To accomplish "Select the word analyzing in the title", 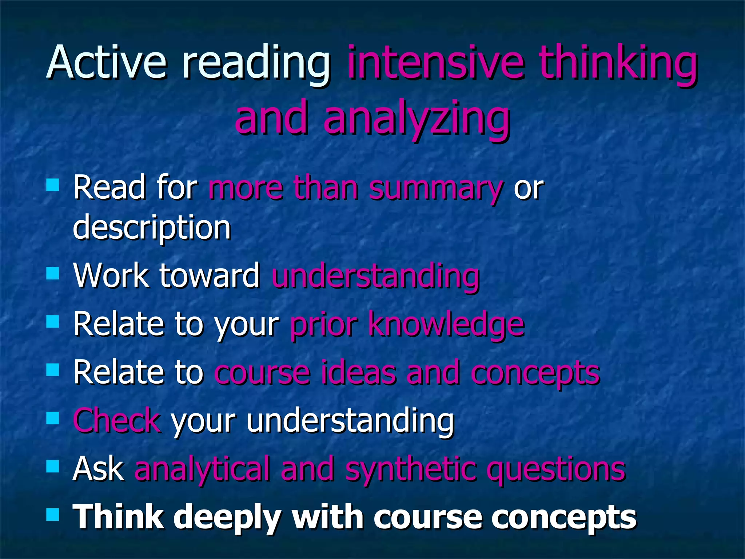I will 417,118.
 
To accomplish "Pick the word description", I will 152,228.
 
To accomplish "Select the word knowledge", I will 446,324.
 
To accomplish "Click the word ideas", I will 358,373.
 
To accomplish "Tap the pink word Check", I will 117,421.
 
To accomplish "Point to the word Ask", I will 99,469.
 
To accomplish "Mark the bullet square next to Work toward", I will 53,273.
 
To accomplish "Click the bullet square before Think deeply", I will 53,515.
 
